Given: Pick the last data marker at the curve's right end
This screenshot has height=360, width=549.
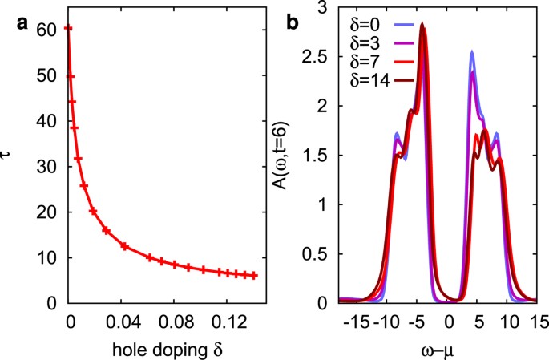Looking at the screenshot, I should [x=254, y=275].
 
